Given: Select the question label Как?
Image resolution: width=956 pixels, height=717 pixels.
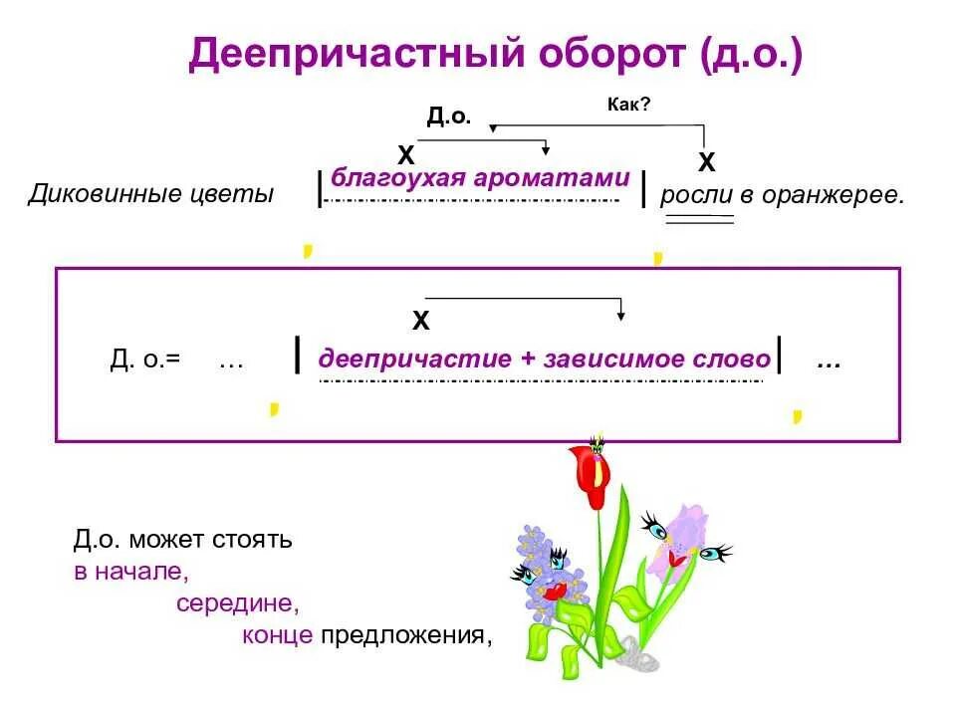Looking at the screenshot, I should tap(628, 104).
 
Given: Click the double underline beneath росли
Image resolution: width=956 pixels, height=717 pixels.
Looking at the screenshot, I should tap(699, 220).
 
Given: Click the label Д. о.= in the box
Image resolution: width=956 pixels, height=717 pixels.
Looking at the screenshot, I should tap(145, 359).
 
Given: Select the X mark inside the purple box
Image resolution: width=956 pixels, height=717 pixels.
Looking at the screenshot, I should tap(421, 321).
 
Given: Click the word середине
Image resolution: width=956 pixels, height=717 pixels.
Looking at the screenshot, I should tap(238, 603).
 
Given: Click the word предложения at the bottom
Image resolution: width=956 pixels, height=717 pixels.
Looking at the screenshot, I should tap(406, 634).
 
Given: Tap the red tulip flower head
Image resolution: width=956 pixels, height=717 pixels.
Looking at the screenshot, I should tap(589, 475).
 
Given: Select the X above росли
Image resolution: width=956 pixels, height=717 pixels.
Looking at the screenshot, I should tap(706, 161).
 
